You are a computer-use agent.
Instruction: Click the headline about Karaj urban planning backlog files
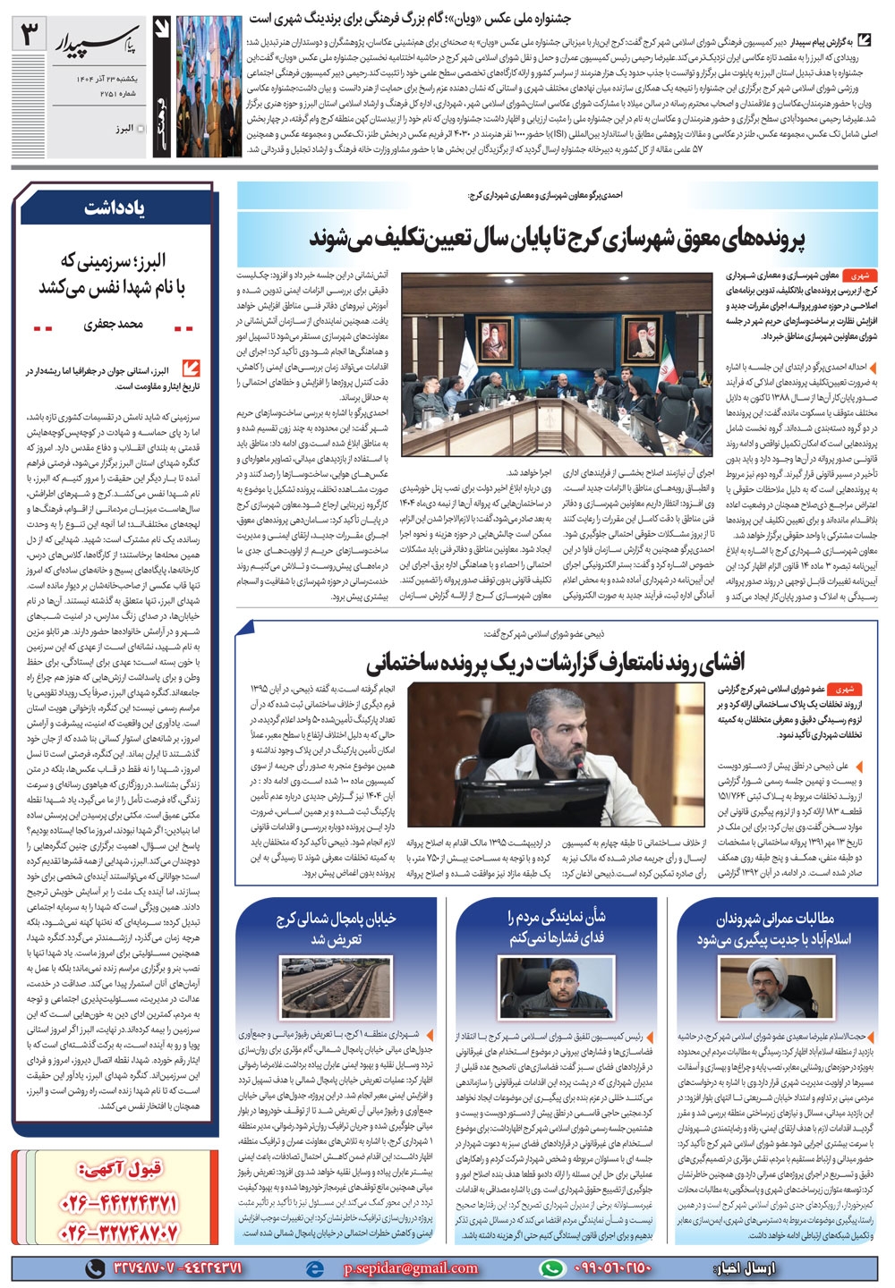(558, 239)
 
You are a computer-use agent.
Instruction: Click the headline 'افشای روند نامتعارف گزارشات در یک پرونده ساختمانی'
(555, 663)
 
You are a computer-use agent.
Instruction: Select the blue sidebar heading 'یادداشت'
(115, 208)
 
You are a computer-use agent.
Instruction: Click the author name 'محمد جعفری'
(114, 325)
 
